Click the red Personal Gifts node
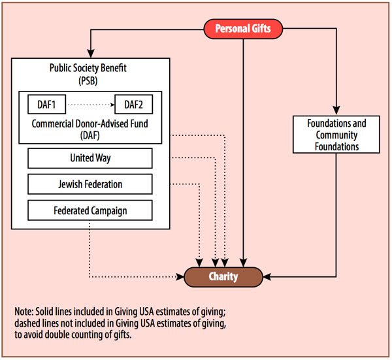pyautogui.click(x=242, y=28)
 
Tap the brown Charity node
pyautogui.click(x=223, y=276)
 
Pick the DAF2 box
pyautogui.click(x=133, y=104)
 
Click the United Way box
pyautogui.click(x=90, y=158)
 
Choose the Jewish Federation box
pyautogui.click(x=90, y=184)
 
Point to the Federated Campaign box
pyautogui.click(x=90, y=210)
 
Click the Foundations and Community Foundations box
pyautogui.click(x=337, y=135)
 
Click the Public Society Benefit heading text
pyautogui.click(x=90, y=67)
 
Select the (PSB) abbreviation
pyautogui.click(x=90, y=79)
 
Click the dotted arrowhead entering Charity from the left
pyautogui.click(x=180, y=276)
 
